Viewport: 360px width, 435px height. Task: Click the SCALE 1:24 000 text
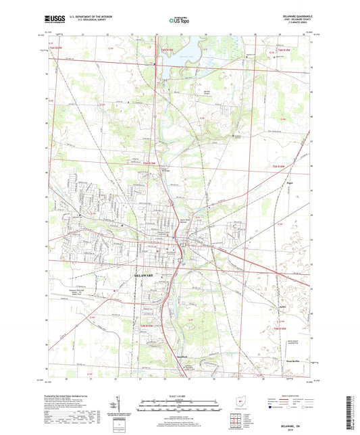point(180,395)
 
